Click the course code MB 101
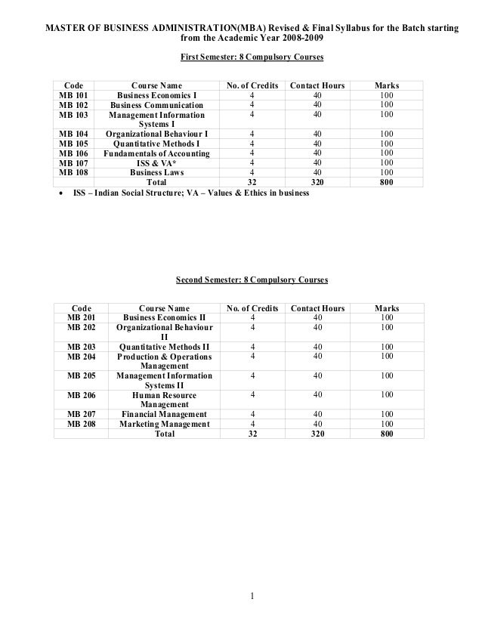pyautogui.click(x=73, y=96)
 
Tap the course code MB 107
pyautogui.click(x=73, y=162)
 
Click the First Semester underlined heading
pyautogui.click(x=252, y=57)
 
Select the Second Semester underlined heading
pyautogui.click(x=252, y=280)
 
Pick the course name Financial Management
pyautogui.click(x=164, y=414)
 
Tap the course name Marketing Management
pyautogui.click(x=164, y=424)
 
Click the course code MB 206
pyautogui.click(x=81, y=394)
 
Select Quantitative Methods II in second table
pyautogui.click(x=164, y=347)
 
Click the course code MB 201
pyautogui.click(x=81, y=318)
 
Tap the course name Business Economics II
pyautogui.click(x=164, y=318)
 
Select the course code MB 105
pyautogui.click(x=73, y=144)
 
